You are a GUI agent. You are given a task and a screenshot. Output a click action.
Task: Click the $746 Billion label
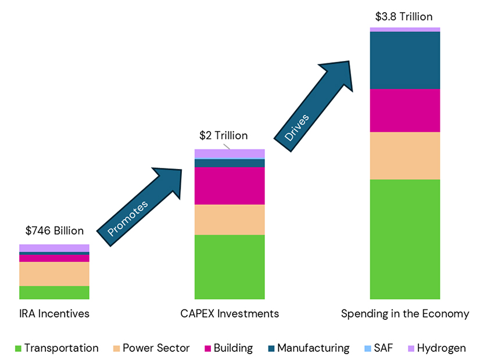pyautogui.click(x=54, y=231)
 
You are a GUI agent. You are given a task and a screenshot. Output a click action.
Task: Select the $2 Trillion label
pyautogui.click(x=223, y=135)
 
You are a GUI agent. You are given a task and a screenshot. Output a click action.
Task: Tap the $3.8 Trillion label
pyautogui.click(x=404, y=16)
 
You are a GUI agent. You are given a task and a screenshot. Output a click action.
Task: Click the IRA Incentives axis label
pyautogui.click(x=54, y=314)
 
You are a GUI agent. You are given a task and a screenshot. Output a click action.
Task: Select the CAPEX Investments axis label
pyautogui.click(x=229, y=314)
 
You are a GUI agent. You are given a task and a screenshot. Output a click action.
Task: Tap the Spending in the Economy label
pyautogui.click(x=404, y=314)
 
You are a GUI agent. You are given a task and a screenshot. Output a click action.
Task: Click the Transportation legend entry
pyautogui.click(x=56, y=348)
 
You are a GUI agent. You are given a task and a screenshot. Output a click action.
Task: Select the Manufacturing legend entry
pyautogui.click(x=307, y=348)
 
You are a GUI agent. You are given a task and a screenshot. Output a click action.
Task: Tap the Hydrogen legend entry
pyautogui.click(x=435, y=348)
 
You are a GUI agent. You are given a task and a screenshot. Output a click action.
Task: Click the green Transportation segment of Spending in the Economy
pyautogui.click(x=404, y=239)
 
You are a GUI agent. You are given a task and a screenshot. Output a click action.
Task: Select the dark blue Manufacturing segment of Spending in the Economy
pyautogui.click(x=404, y=60)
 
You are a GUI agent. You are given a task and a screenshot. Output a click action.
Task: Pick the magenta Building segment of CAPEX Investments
pyautogui.click(x=229, y=186)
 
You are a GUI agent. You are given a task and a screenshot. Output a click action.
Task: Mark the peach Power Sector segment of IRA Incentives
pyautogui.click(x=54, y=273)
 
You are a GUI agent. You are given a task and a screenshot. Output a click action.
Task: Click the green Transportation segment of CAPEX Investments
pyautogui.click(x=229, y=267)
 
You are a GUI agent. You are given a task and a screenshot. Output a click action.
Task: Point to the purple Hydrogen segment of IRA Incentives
pyautogui.click(x=54, y=248)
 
